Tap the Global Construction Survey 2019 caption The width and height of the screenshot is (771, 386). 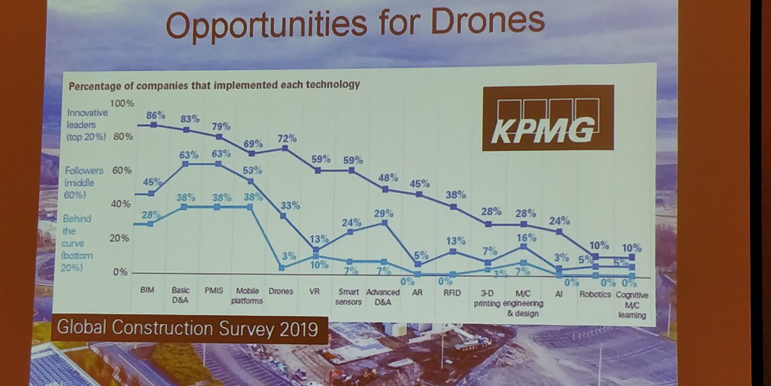pyautogui.click(x=187, y=329)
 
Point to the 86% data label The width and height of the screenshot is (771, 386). pyautogui.click(x=155, y=115)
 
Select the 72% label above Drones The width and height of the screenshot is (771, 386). pyautogui.click(x=287, y=138)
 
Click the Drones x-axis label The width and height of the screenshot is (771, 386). pyautogui.click(x=281, y=291)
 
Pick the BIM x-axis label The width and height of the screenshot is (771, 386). pyautogui.click(x=148, y=290)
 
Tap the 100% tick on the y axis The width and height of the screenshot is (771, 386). pyautogui.click(x=121, y=103)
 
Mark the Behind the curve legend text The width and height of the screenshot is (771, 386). pyautogui.click(x=78, y=243)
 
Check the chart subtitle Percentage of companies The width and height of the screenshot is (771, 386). pyautogui.click(x=214, y=85)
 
